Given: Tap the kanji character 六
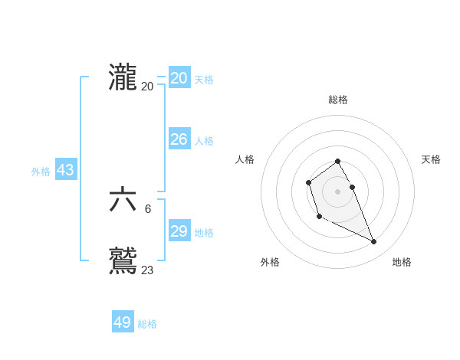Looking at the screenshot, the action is click(x=123, y=201).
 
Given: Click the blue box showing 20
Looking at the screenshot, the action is click(x=179, y=78).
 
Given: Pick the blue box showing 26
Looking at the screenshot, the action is click(x=179, y=139).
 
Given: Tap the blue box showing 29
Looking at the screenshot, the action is click(x=179, y=231).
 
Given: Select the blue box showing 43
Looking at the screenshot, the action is click(x=65, y=170).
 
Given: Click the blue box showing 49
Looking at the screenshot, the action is click(x=123, y=322).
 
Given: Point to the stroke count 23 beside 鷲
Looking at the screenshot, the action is click(x=147, y=270).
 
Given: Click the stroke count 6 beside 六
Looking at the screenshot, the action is click(x=148, y=208).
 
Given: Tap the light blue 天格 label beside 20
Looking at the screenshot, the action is click(x=204, y=80).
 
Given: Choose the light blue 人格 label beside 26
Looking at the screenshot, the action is click(x=204, y=141).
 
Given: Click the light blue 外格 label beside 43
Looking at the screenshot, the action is click(x=41, y=172).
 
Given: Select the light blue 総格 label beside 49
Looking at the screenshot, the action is click(x=147, y=324).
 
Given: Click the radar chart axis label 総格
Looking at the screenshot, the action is click(x=338, y=100).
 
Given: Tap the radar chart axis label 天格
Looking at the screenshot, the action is click(x=431, y=159).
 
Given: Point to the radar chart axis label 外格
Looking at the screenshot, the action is click(x=270, y=262).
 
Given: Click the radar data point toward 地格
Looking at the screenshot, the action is click(x=374, y=242).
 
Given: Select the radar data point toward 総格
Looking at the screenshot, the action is click(x=338, y=162).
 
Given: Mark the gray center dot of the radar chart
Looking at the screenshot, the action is click(x=338, y=191).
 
